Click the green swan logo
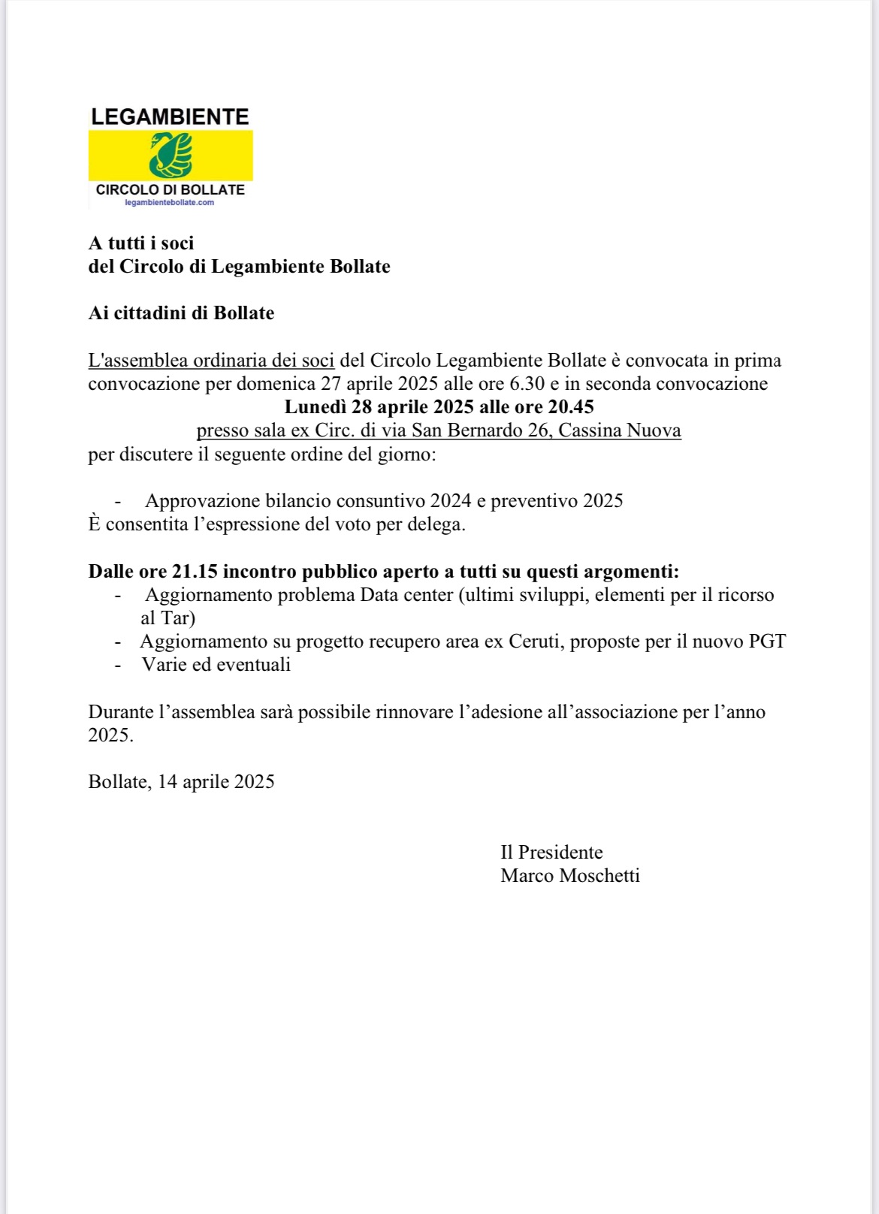tap(171, 155)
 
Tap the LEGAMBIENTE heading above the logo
tap(170, 116)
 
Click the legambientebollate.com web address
tap(169, 202)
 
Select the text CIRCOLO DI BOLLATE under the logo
tap(171, 189)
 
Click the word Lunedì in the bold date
tap(315, 407)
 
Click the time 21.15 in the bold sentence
tap(195, 572)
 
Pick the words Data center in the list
tap(406, 595)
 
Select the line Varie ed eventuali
tap(216, 665)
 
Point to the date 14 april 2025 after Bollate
tap(216, 782)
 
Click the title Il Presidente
tap(551, 853)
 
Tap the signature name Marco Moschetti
tap(570, 876)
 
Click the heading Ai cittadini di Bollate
tap(181, 313)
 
